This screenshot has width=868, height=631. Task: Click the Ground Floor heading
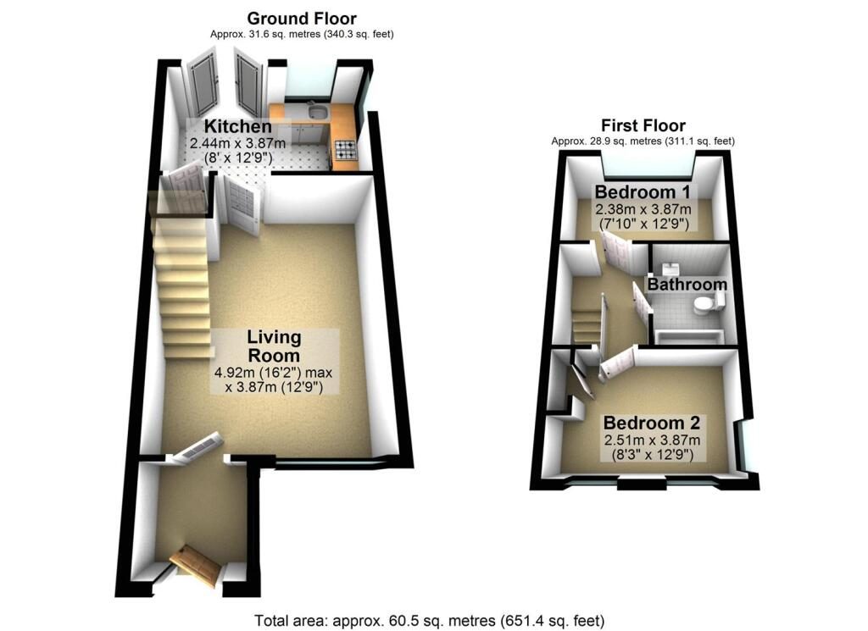point(302,19)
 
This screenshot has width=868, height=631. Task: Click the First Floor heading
point(643,125)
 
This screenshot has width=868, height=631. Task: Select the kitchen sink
point(318,113)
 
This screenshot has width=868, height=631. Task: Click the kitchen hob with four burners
point(347,148)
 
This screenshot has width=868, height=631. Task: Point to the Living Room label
point(274,346)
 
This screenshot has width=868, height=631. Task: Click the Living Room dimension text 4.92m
point(233,373)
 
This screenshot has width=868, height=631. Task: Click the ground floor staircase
point(183,288)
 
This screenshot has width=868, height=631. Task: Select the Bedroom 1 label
point(643,192)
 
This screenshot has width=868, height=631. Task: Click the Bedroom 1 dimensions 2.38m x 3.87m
point(643,209)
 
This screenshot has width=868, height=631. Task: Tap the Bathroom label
point(687,285)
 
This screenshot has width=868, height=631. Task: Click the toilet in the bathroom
point(708,303)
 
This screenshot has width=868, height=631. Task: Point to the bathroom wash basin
point(671,268)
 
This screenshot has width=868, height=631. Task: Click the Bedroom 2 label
point(652,423)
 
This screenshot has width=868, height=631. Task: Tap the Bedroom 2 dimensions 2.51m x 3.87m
point(652,440)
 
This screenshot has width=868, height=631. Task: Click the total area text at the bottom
point(430,621)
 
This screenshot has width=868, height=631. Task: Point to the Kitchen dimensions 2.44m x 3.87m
point(238,143)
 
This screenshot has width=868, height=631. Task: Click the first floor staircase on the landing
point(587,326)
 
